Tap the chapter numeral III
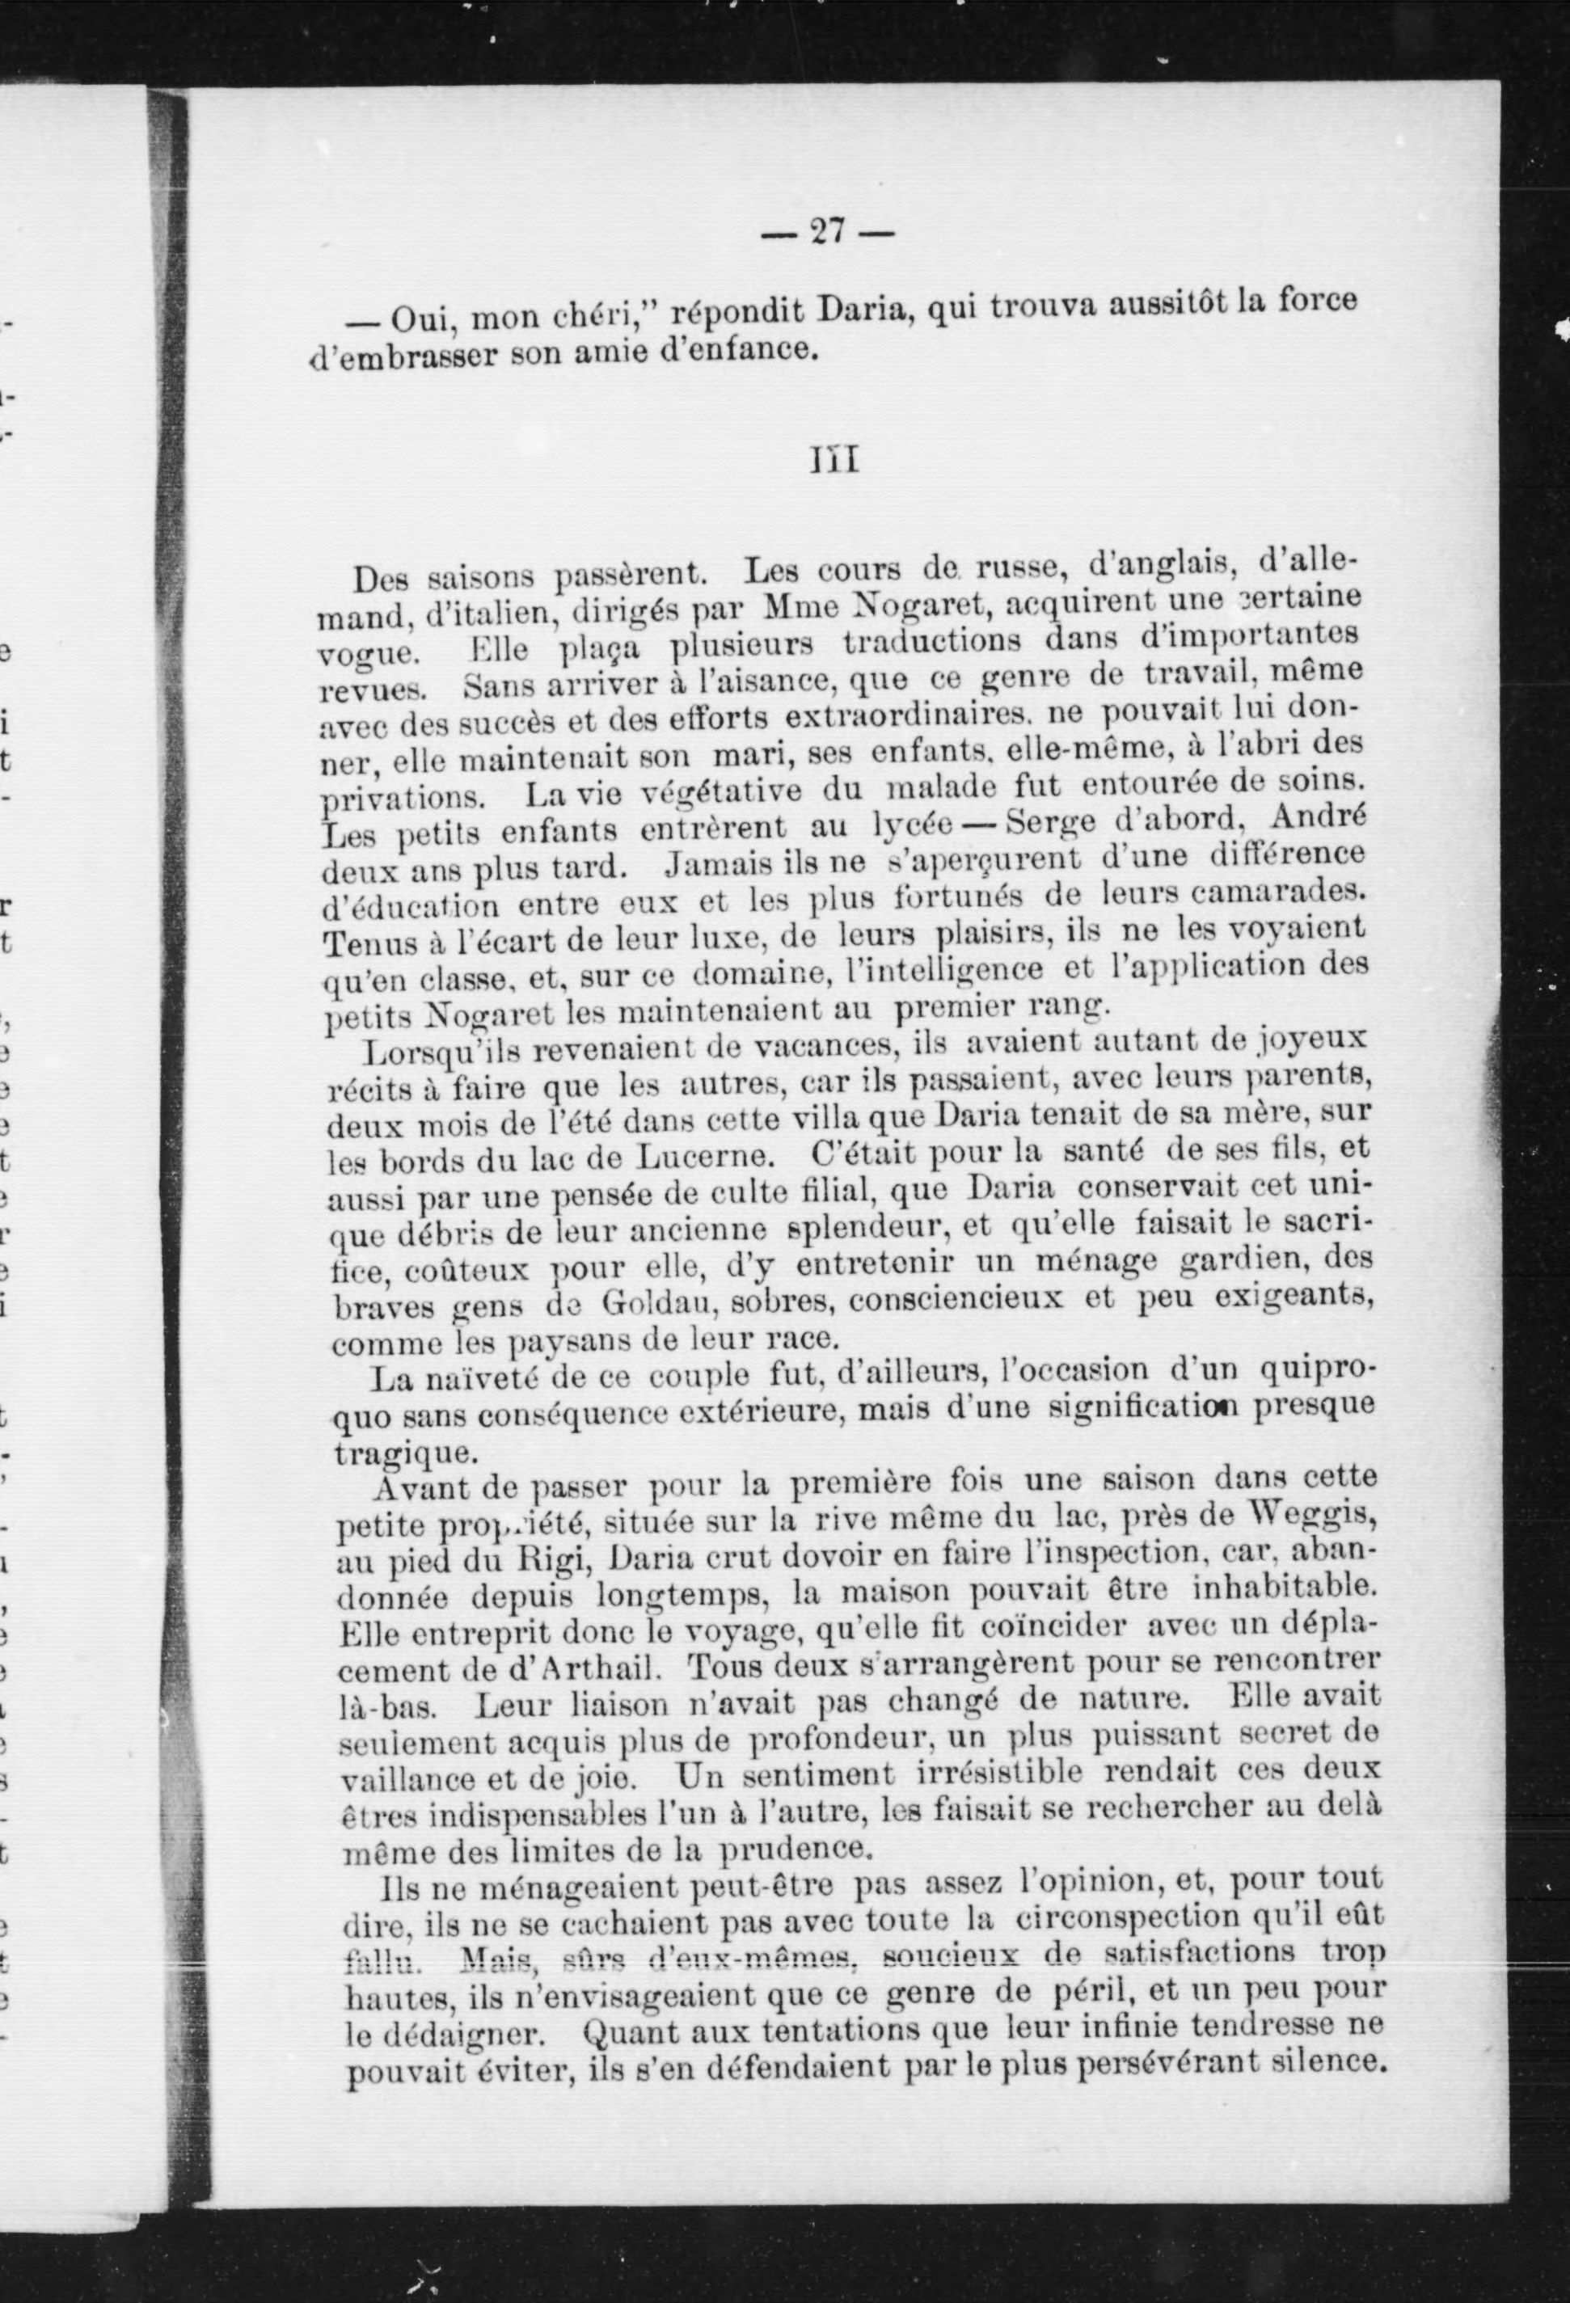[x=834, y=461]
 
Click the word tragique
[x=387, y=1453]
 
